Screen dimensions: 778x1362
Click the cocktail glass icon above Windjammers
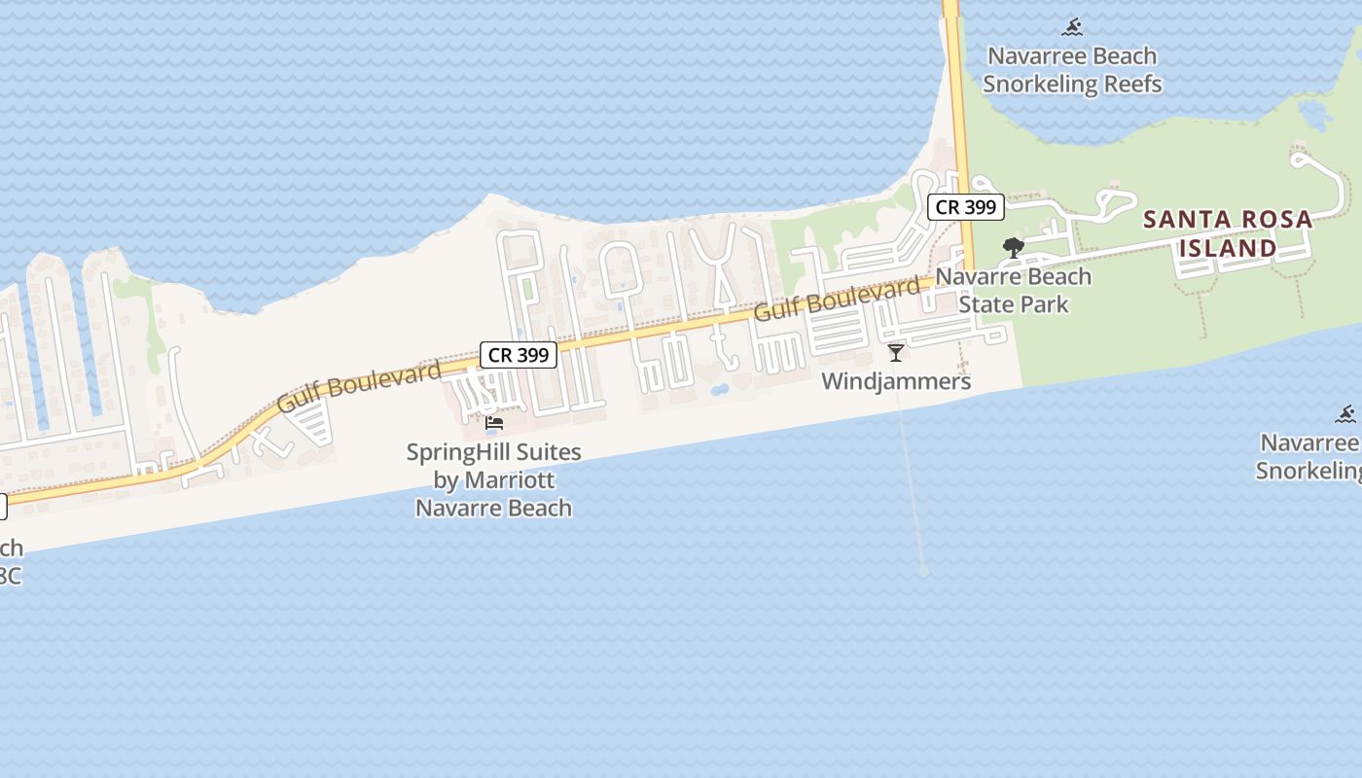point(896,352)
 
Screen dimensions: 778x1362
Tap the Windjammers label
point(896,381)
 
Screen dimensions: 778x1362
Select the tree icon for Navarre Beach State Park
point(1013,247)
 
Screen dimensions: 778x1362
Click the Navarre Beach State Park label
point(1014,291)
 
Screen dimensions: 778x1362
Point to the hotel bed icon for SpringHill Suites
point(494,423)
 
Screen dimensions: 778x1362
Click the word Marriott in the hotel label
point(510,480)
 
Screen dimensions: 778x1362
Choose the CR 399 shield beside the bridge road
point(965,206)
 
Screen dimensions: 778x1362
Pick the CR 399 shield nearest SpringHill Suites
point(519,355)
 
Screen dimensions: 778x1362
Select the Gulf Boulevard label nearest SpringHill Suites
point(359,386)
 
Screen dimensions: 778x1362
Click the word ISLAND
point(1228,248)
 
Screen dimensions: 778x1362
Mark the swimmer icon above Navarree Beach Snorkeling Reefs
point(1072,27)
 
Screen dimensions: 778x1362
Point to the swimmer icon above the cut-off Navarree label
point(1345,415)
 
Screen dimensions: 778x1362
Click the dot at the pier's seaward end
point(923,572)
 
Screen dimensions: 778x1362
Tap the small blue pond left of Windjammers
point(719,390)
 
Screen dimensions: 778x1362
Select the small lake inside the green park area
point(1315,115)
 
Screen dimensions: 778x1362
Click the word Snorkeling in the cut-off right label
point(1308,471)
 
